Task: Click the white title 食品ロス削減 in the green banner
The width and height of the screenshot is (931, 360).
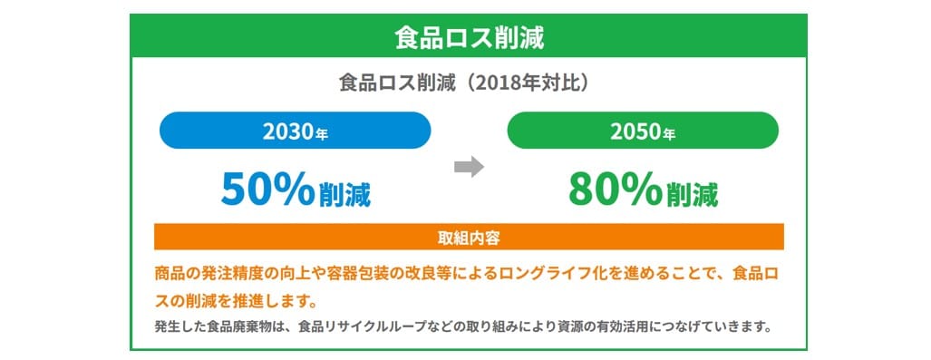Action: click(x=469, y=37)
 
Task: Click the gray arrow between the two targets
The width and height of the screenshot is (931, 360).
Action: click(x=469, y=167)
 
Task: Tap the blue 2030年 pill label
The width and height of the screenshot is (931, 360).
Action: click(x=296, y=131)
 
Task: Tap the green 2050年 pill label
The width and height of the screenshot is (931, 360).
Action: click(x=643, y=131)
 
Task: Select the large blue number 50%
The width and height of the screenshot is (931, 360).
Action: click(x=267, y=190)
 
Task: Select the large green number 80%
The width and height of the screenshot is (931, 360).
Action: click(x=616, y=190)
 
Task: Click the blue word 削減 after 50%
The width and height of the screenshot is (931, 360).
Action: click(x=345, y=195)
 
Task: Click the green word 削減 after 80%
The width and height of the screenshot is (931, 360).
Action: click(x=693, y=195)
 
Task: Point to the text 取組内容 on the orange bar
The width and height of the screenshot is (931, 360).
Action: click(x=469, y=238)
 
